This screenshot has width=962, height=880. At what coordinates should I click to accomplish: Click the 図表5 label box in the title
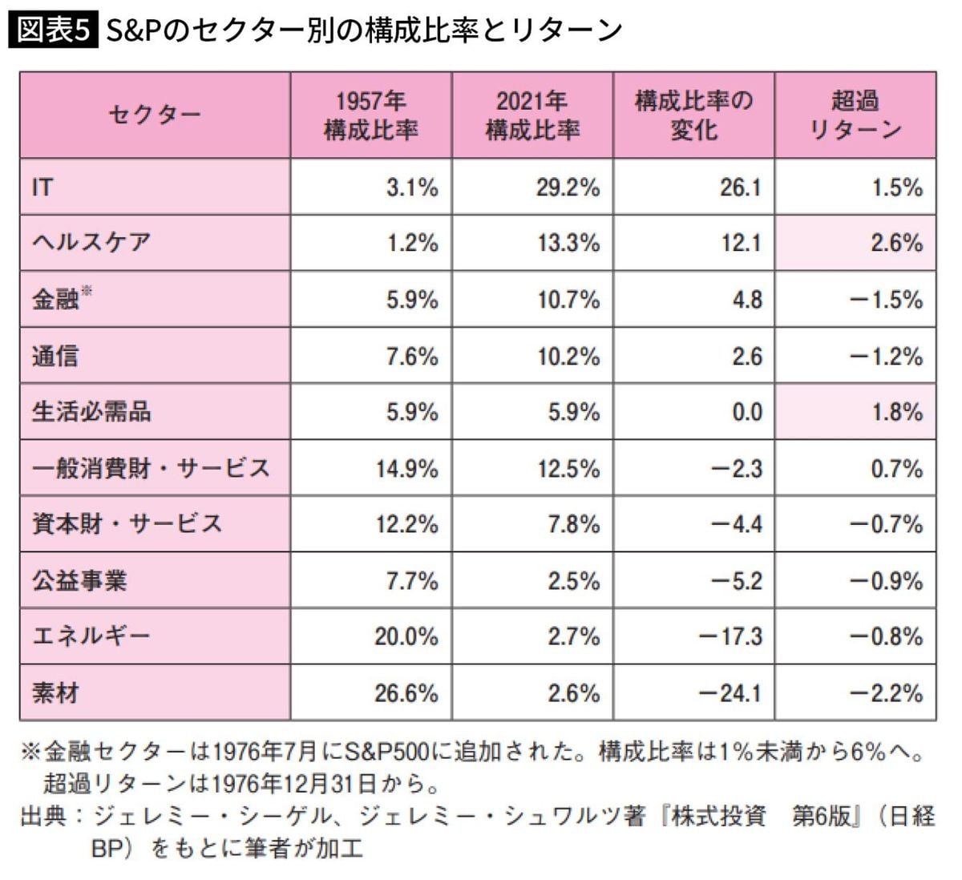53,30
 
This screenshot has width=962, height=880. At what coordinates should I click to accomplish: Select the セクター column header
154,115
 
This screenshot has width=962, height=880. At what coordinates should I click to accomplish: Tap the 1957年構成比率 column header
371,115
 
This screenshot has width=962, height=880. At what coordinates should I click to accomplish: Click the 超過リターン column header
855,115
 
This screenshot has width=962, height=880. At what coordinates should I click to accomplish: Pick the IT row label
42,188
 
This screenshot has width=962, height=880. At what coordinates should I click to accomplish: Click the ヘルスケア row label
91,243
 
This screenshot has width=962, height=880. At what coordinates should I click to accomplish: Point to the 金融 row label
56,299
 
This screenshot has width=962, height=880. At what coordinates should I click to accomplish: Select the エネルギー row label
91,636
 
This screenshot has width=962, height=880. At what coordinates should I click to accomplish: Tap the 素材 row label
56,692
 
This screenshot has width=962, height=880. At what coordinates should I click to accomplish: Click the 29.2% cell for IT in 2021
568,188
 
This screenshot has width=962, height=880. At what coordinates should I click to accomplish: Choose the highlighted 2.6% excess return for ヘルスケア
897,243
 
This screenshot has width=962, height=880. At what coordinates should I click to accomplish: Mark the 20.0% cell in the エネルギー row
406,636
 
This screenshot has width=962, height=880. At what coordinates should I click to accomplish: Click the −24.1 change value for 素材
730,692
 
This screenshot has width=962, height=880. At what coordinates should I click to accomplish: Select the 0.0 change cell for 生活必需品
746,412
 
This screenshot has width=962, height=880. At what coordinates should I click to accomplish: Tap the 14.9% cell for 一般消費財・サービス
407,468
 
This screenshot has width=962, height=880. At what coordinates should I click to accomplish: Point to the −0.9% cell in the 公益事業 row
886,580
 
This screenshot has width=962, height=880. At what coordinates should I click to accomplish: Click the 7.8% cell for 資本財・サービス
574,524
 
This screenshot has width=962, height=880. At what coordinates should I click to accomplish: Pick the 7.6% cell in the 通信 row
412,356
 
